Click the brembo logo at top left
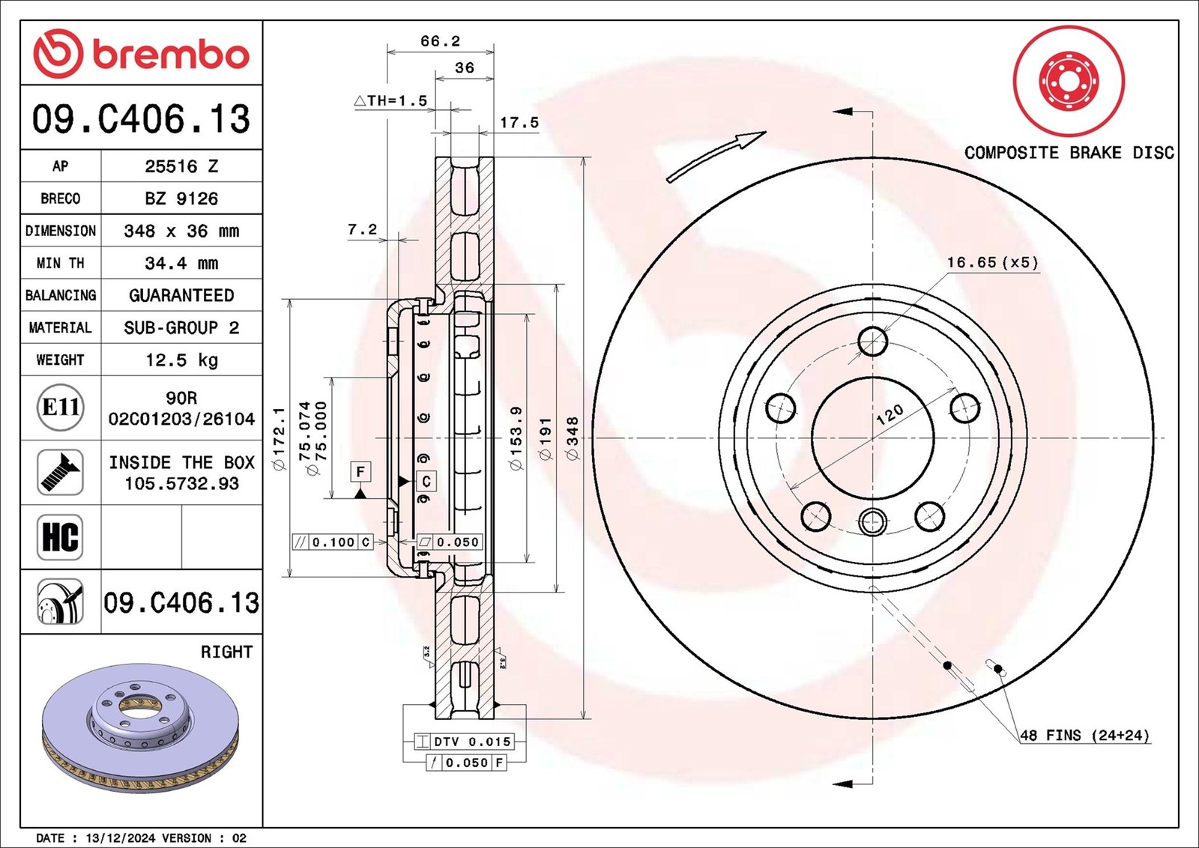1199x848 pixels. point(141,54)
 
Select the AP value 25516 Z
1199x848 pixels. point(181,166)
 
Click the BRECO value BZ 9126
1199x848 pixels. point(181,199)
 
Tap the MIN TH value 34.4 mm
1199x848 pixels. point(181,263)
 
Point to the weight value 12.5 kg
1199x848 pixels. point(181,360)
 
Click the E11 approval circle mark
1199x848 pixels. point(60,408)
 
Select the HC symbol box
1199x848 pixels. point(60,537)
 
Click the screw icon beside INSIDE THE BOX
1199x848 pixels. point(60,472)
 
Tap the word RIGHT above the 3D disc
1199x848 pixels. point(226,652)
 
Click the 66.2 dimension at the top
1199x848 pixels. point(440,41)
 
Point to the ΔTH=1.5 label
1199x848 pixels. point(390,100)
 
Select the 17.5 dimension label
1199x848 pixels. point(519,122)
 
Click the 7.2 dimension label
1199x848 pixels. point(363,229)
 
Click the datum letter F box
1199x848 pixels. point(360,471)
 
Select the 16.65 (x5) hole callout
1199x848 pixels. point(992,262)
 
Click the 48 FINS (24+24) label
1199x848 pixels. point(1084,735)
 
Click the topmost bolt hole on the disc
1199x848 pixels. point(872,342)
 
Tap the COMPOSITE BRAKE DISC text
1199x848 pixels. point(1069,153)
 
